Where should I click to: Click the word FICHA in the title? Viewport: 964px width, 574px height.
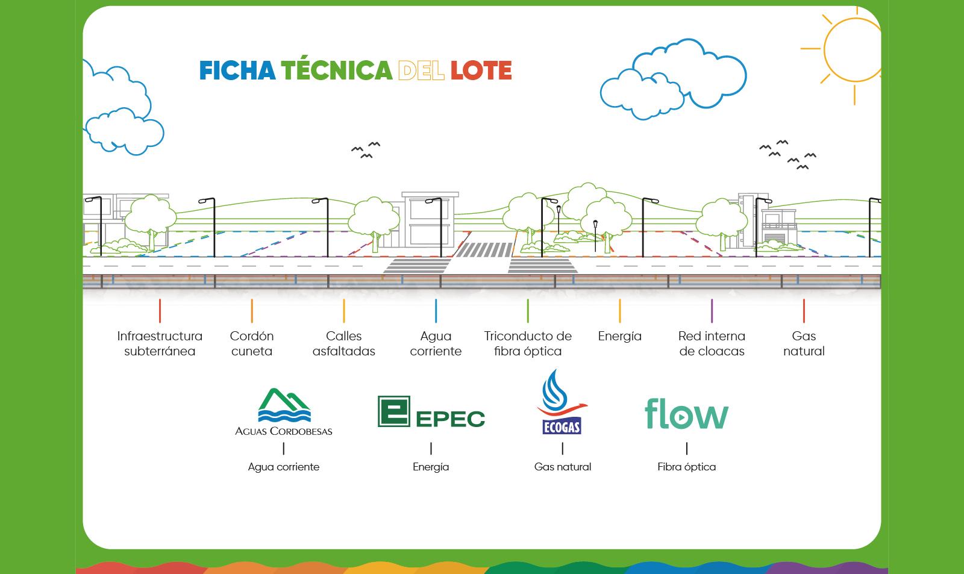[x=237, y=70]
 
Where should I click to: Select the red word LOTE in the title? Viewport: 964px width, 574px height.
[x=481, y=70]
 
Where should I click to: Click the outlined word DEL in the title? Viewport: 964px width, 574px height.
[x=421, y=70]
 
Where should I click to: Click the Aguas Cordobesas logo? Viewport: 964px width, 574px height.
[x=284, y=412]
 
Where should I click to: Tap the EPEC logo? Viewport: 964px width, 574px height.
[x=431, y=412]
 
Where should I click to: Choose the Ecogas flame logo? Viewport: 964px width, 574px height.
[x=562, y=402]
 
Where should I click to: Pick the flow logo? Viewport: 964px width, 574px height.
[x=686, y=414]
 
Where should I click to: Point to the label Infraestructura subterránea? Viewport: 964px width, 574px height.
[x=160, y=343]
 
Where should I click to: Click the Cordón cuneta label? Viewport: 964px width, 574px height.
[x=252, y=343]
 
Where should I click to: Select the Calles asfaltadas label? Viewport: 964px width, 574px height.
[x=344, y=343]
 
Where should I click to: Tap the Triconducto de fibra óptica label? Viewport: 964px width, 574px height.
[x=528, y=343]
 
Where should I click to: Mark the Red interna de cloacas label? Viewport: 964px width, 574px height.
[x=712, y=343]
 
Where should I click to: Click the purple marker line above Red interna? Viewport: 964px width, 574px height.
[x=712, y=311]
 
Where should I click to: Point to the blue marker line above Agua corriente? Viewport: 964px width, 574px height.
[x=436, y=311]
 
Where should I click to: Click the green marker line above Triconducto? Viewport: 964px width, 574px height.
[x=528, y=311]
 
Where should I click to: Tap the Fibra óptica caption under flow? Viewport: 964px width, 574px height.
[x=687, y=467]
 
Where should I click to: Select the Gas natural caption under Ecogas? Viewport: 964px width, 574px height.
[x=563, y=467]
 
